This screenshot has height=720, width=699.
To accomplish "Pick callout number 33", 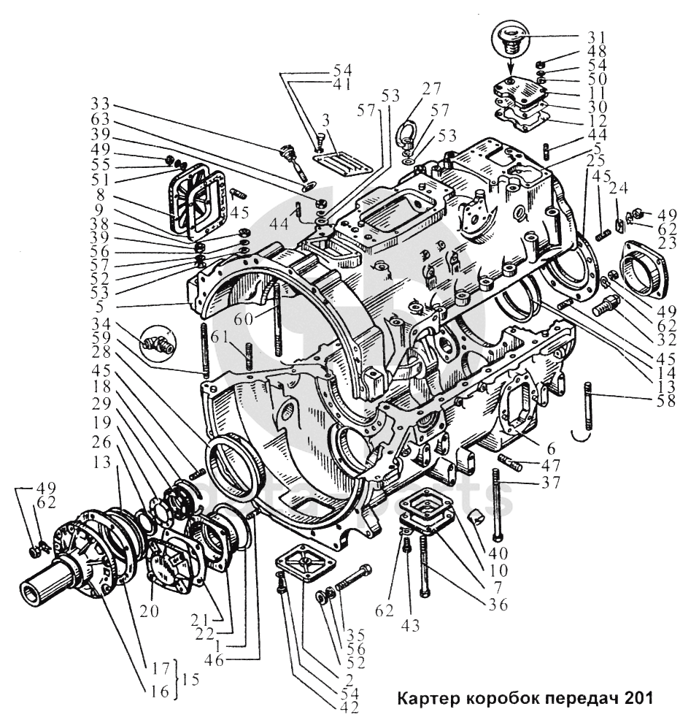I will pos(101,104).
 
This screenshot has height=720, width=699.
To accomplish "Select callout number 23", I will pos(666,242).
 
